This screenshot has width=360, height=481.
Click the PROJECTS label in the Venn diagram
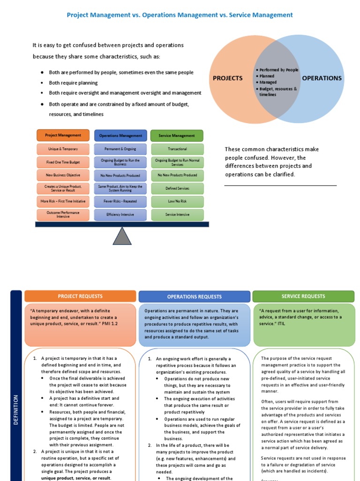[228, 78]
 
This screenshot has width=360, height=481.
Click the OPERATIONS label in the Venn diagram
[322, 78]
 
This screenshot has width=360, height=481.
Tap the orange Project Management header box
[63, 135]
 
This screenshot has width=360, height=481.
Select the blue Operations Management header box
[120, 136]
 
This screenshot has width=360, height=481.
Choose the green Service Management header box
[177, 136]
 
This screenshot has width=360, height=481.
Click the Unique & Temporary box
[63, 149]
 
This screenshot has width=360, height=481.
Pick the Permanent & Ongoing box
[120, 149]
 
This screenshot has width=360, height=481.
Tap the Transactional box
[177, 149]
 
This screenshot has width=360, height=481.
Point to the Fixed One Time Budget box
[63, 162]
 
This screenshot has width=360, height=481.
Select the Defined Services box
[177, 188]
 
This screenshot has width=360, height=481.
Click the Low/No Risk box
[177, 202]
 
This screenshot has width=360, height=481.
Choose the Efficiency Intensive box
[120, 215]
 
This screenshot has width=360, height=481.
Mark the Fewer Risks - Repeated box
[120, 202]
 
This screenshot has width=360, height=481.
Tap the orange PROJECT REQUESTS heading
[80, 296]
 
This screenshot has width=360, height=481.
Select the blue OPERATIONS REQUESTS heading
[194, 297]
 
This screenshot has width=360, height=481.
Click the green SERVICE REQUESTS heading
[303, 296]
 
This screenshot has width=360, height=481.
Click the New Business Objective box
[63, 175]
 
